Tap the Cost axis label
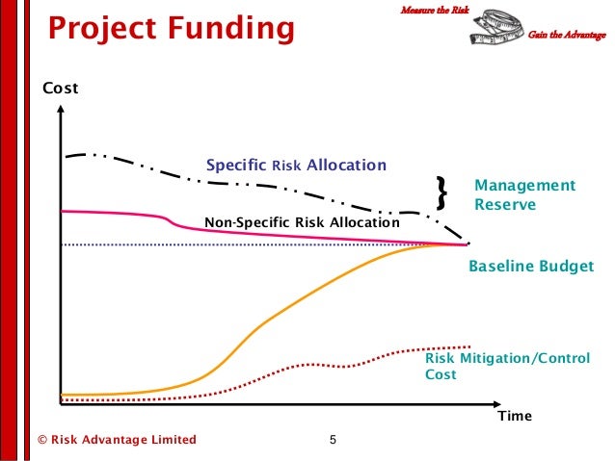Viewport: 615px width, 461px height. click(60, 90)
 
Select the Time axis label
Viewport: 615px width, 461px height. click(514, 417)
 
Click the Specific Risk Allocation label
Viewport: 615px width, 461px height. click(297, 165)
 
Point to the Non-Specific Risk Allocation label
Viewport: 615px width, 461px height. click(302, 223)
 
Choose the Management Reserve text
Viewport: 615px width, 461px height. click(523, 195)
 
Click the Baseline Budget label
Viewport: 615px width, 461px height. click(530, 267)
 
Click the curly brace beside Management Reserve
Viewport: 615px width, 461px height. click(442, 193)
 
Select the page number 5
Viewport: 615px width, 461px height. click(333, 441)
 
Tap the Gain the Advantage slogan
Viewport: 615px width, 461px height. click(567, 36)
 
